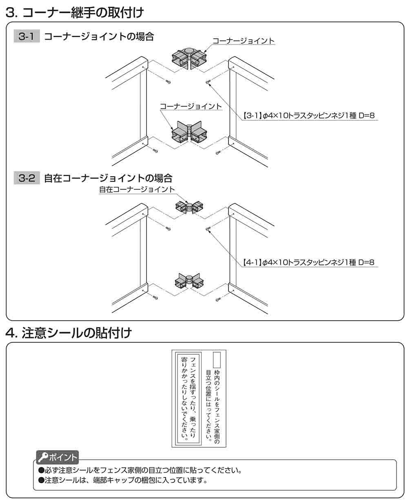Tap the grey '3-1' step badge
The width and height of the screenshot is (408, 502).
coord(27,37)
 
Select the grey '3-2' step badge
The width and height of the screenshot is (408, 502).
coord(27,178)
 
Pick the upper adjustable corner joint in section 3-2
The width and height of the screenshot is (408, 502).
coord(188,207)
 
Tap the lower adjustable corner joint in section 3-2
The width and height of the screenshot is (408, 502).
coord(189,281)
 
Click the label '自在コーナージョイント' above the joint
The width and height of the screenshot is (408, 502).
coord(137,189)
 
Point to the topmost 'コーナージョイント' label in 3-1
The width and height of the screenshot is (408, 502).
coord(244,41)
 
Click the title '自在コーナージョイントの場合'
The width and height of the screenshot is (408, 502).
coord(108,178)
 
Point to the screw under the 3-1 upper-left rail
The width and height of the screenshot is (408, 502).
coord(168,81)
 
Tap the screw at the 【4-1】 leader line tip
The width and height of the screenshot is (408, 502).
coord(208,229)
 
